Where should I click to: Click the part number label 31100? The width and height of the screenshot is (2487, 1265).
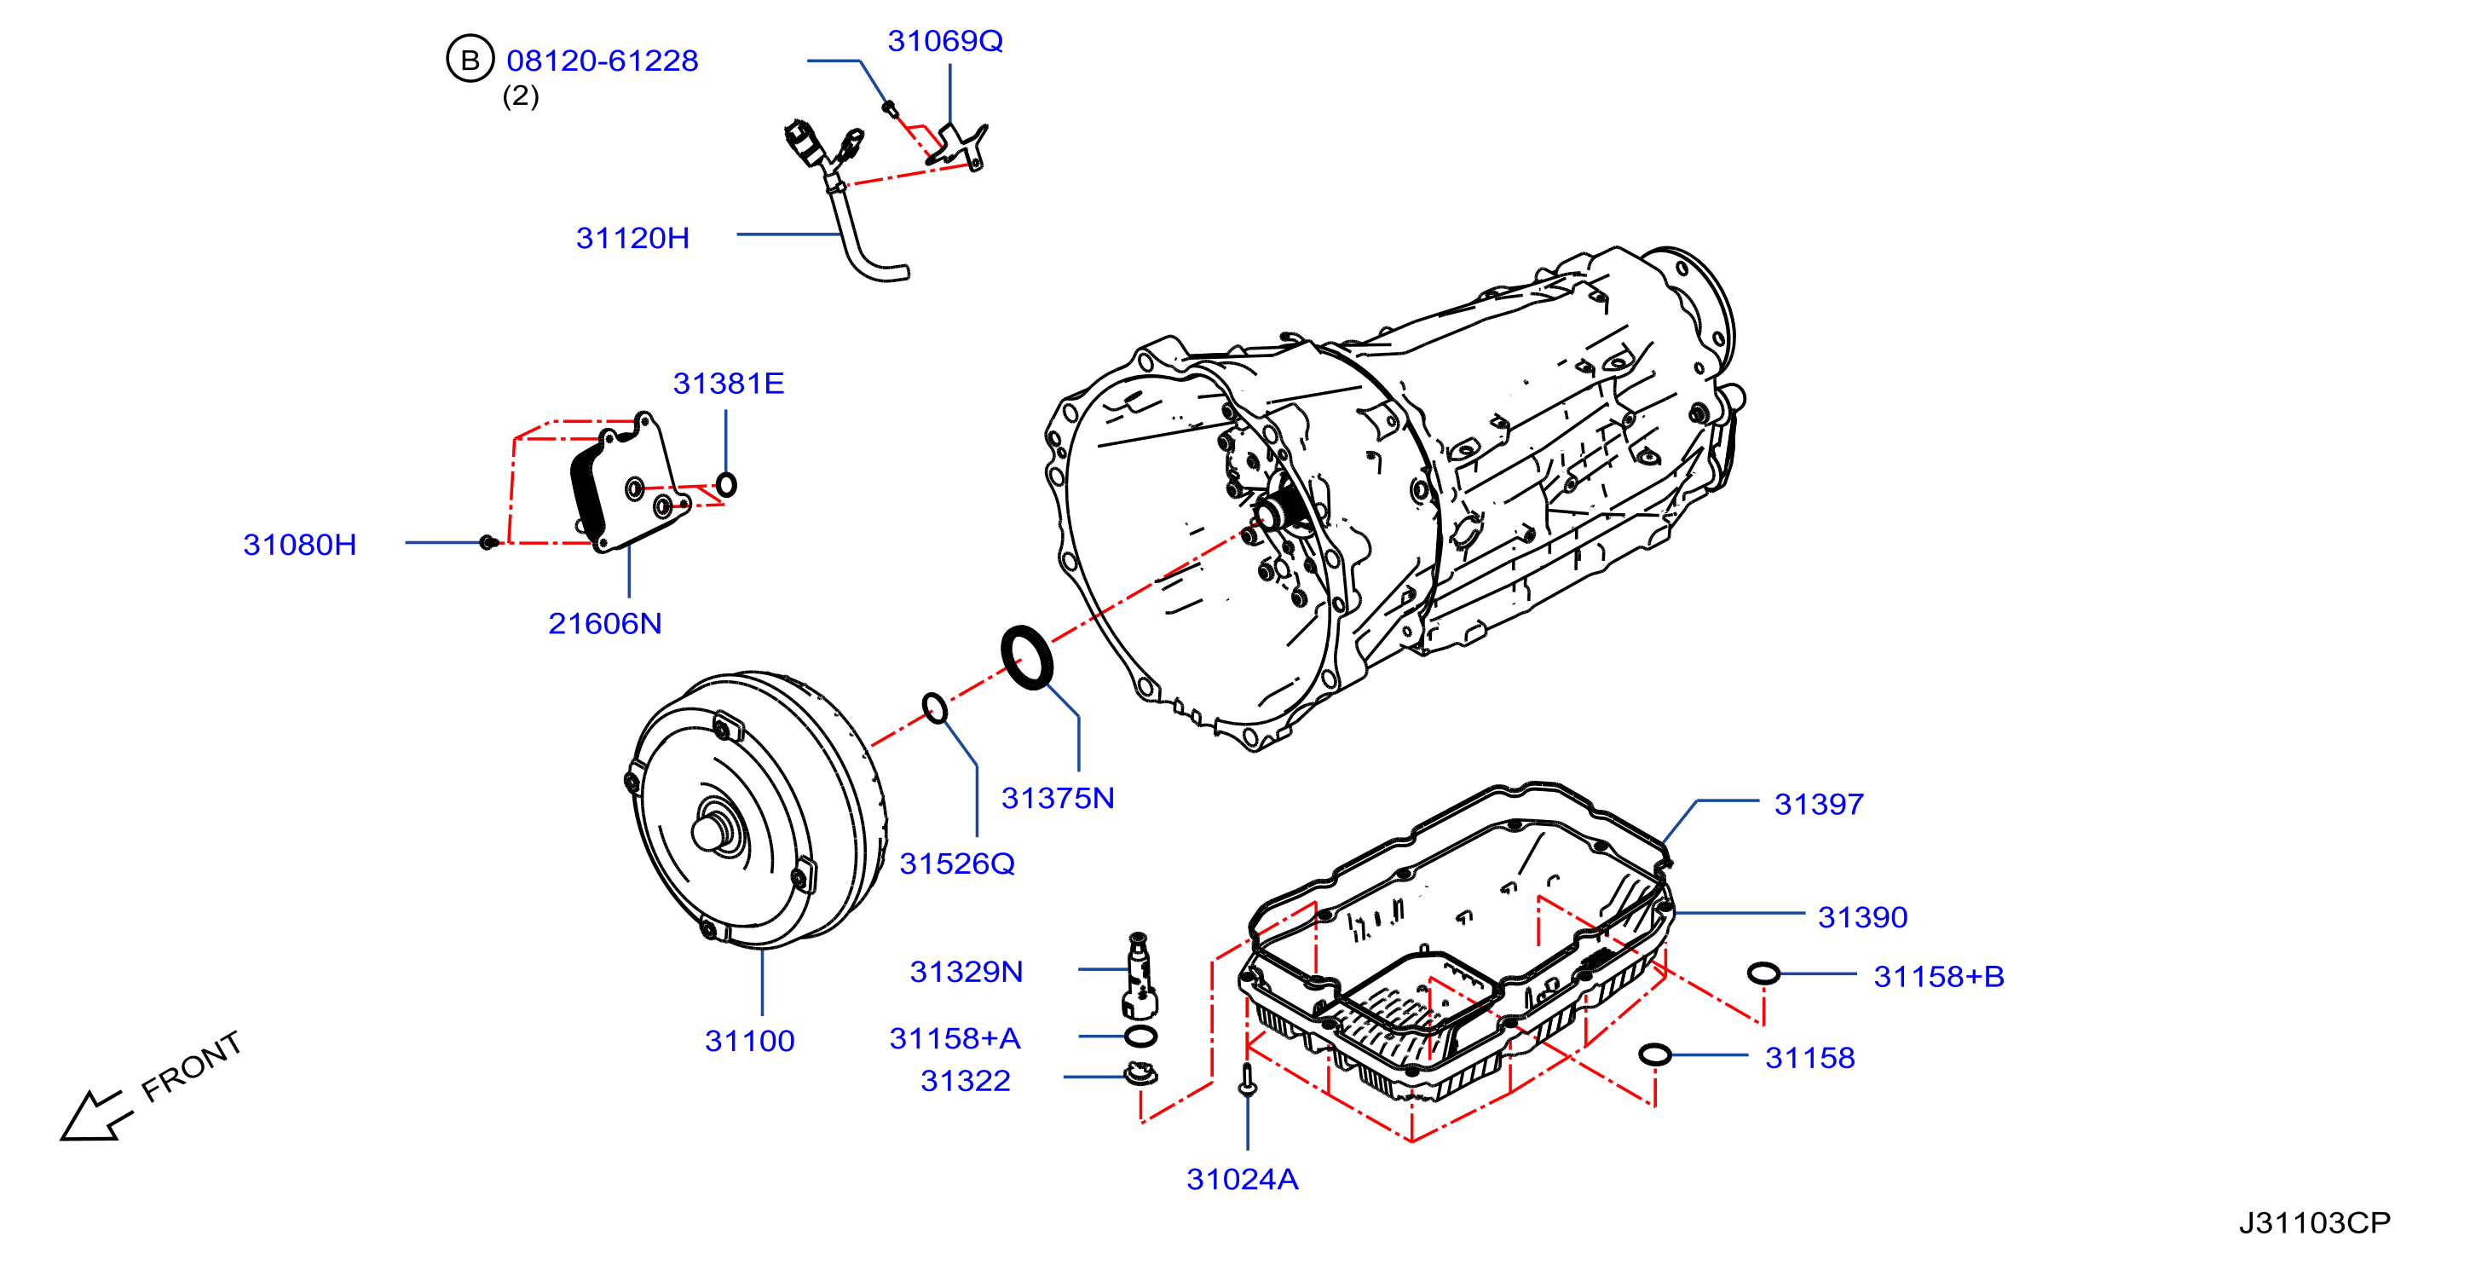[x=749, y=1041]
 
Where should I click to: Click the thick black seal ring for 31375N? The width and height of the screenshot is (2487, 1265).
[x=1026, y=657]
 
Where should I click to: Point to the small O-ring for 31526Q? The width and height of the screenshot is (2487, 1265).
[x=935, y=708]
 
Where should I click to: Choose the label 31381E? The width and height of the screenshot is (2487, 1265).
[x=728, y=384]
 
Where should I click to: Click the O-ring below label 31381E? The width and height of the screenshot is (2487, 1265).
[x=726, y=485]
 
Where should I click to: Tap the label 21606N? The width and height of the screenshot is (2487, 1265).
[x=604, y=624]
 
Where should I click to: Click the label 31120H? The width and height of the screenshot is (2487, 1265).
[x=632, y=239]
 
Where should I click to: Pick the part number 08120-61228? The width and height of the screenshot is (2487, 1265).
[x=603, y=61]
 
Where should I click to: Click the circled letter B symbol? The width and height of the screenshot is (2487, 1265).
[x=470, y=59]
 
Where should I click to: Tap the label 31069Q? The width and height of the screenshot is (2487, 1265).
[x=945, y=41]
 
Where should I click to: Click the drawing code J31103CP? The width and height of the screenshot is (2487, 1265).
[x=2315, y=1222]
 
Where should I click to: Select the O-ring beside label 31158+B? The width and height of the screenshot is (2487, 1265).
[x=1763, y=973]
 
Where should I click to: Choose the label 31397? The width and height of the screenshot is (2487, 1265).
[x=1819, y=805]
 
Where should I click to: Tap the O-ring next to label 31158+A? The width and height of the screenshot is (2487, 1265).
[x=1140, y=1037]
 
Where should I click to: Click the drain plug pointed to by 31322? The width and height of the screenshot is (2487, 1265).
[x=1141, y=1074]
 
